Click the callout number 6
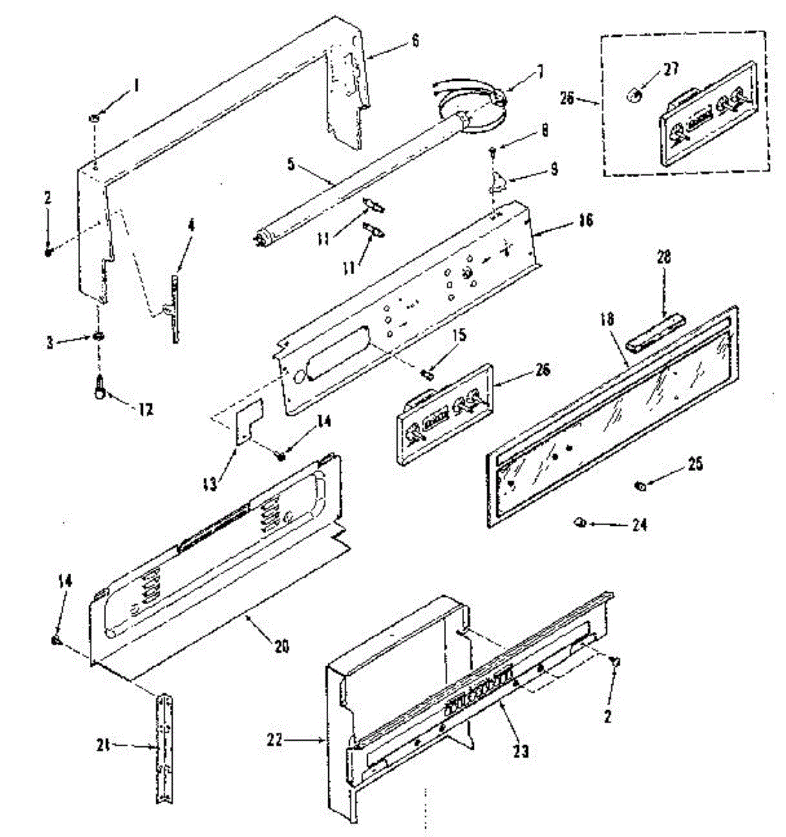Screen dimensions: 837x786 click(x=415, y=40)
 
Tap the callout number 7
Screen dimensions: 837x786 click(x=541, y=71)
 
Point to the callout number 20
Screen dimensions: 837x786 click(x=281, y=647)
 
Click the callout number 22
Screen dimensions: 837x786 click(x=275, y=740)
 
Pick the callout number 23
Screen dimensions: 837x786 click(x=521, y=751)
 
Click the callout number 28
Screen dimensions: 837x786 click(x=663, y=257)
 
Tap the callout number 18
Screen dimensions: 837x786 click(x=608, y=320)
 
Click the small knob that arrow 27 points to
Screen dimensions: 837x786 click(x=633, y=94)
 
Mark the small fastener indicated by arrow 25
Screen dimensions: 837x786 click(x=639, y=486)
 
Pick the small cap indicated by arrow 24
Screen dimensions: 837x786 click(x=579, y=521)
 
